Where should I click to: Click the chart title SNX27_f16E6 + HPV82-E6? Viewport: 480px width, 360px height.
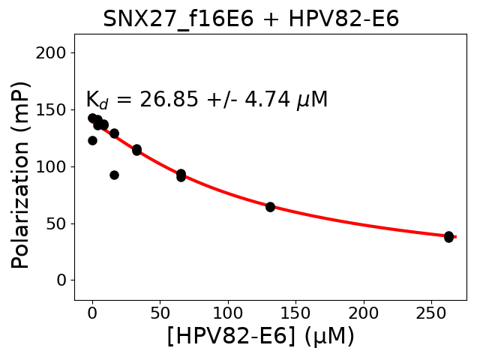tap(250, 19)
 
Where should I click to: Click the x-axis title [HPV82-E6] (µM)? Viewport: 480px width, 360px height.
tap(260, 336)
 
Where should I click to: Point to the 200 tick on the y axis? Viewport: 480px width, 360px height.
tap(54, 52)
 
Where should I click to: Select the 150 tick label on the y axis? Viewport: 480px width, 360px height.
tap(54, 109)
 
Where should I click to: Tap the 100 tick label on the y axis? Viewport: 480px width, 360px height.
tap(54, 166)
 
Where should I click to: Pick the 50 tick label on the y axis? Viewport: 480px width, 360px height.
tap(58, 223)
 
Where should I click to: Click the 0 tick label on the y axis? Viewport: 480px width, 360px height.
tap(63, 280)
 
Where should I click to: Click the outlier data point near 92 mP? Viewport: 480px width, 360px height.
tap(114, 175)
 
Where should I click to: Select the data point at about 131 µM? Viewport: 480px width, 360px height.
tap(270, 207)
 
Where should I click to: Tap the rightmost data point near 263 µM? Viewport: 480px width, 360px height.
tap(448, 237)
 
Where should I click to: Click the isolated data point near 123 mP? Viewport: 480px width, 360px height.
tap(92, 140)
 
